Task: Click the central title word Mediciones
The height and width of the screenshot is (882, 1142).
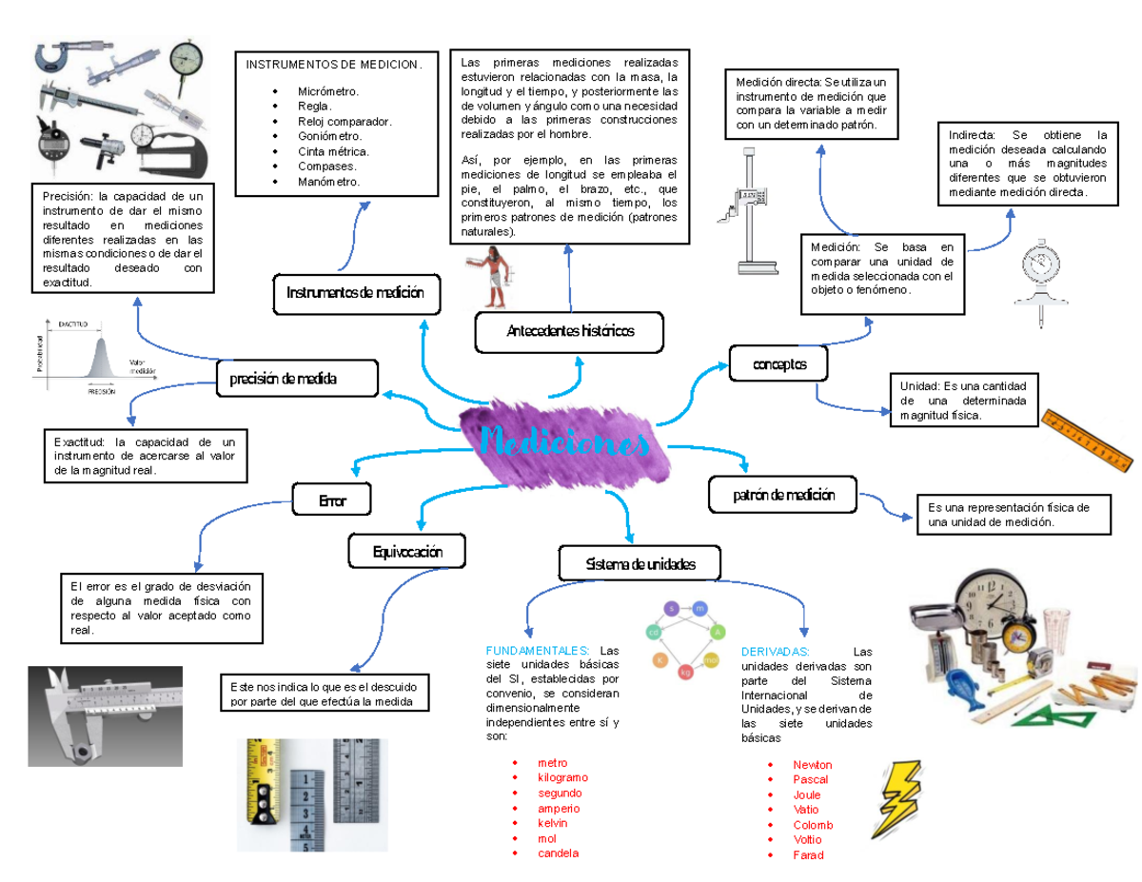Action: (565, 443)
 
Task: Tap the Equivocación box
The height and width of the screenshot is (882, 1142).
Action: (408, 550)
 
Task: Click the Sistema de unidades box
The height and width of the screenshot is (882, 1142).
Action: (640, 564)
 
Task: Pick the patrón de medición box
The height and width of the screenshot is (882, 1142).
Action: (782, 495)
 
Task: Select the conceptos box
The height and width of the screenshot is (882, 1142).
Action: (778, 363)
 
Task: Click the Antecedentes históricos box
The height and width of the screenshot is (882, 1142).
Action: (569, 331)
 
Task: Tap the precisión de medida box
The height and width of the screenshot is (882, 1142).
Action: (296, 378)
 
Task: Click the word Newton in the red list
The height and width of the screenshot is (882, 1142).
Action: (812, 764)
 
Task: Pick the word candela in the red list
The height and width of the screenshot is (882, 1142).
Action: (558, 853)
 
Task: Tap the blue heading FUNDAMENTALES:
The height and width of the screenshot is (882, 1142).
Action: (538, 651)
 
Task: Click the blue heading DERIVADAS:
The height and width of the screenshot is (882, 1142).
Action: (775, 651)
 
